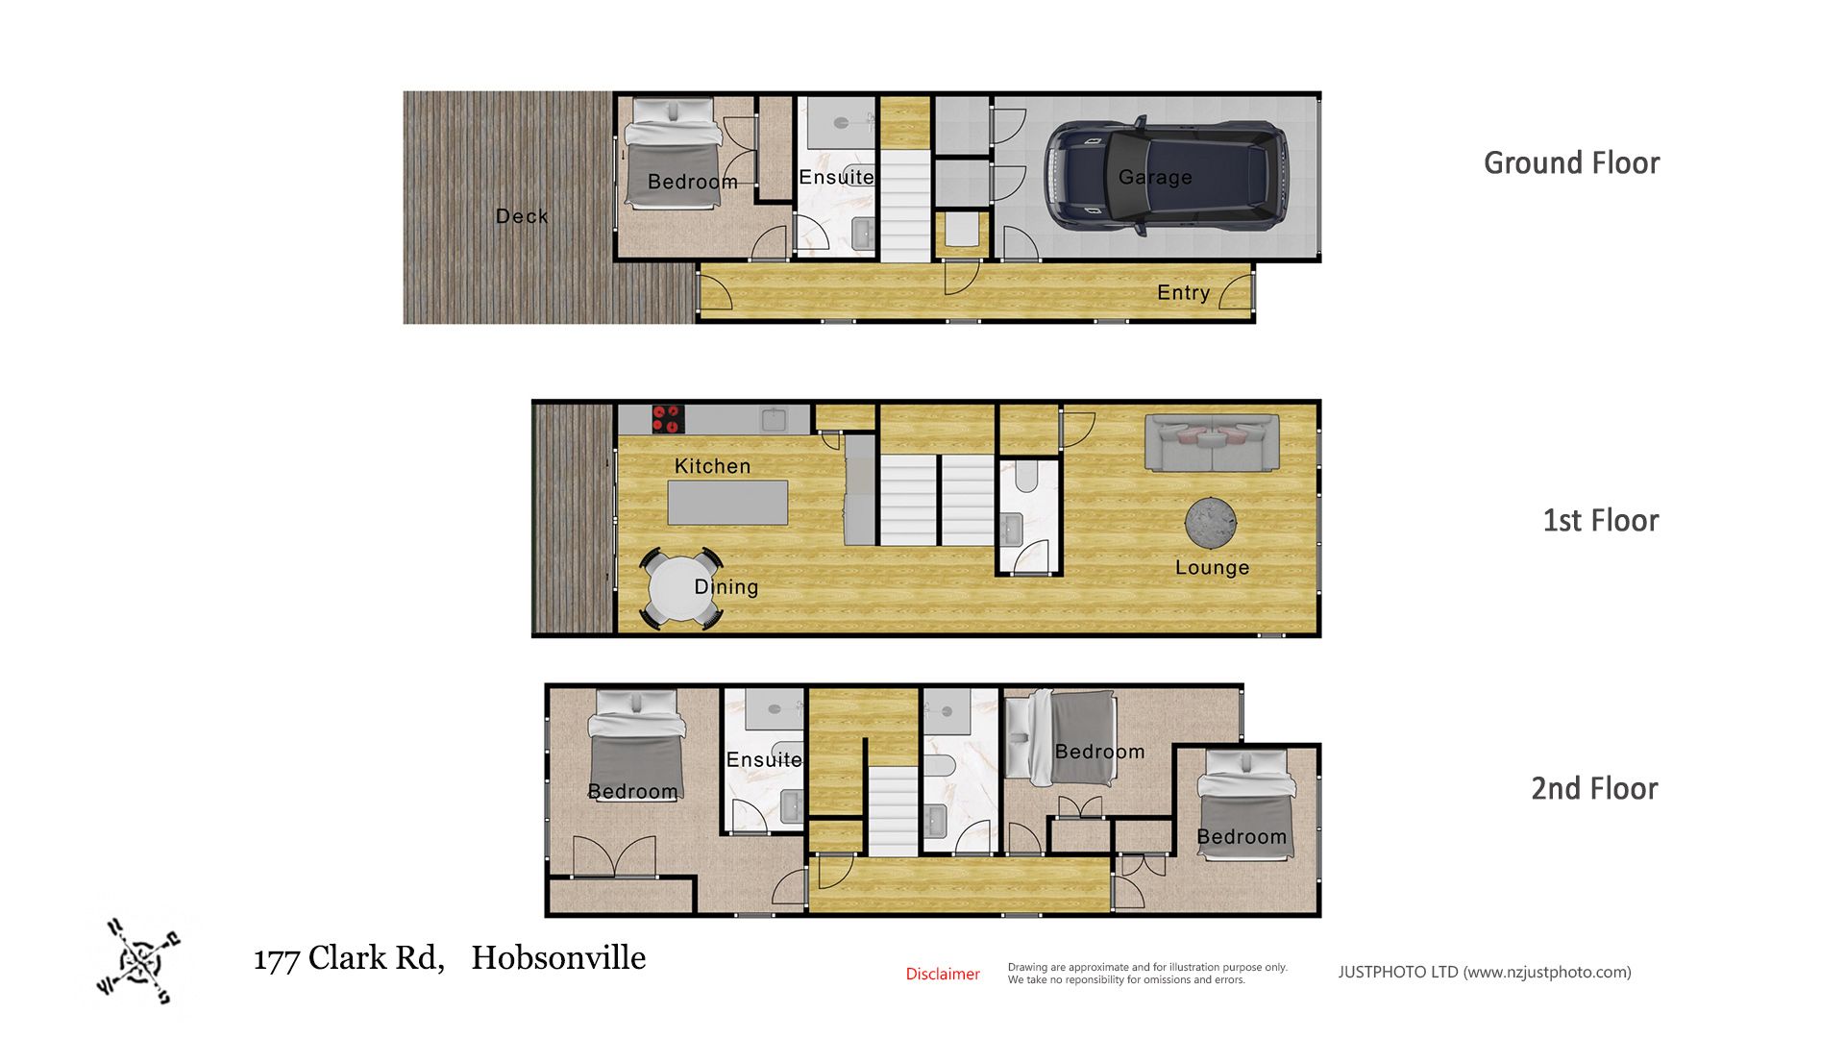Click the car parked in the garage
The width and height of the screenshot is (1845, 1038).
[x=1166, y=177]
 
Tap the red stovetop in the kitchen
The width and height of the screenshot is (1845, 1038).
[x=668, y=419]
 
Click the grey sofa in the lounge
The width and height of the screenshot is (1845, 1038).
[x=1212, y=443]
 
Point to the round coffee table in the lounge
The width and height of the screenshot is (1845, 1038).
[x=1211, y=524]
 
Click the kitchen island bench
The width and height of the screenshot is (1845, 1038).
[x=727, y=503]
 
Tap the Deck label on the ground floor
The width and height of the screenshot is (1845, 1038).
[x=522, y=216]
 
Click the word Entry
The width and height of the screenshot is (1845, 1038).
[x=1183, y=292]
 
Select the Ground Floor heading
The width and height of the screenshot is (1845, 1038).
[x=1572, y=162]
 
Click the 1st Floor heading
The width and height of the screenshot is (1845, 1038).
[x=1601, y=520]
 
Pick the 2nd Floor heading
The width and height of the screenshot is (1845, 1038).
[x=1594, y=788]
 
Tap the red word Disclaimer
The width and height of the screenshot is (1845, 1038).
[x=943, y=974]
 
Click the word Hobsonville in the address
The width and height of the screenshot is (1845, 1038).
[x=558, y=957]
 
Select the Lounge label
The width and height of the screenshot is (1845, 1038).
[x=1212, y=567]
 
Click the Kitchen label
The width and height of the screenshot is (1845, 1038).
[x=712, y=466]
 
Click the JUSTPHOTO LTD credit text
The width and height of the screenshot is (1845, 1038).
[x=1485, y=972]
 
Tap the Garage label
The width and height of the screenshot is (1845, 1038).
[x=1155, y=177]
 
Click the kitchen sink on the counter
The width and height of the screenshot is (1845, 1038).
[x=774, y=419]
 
